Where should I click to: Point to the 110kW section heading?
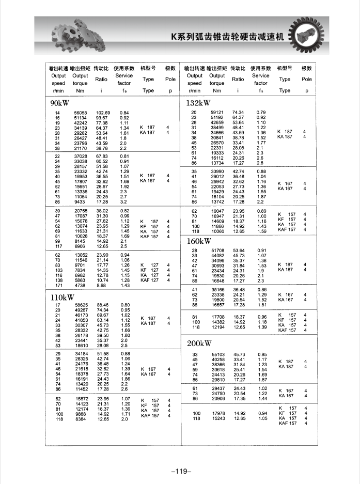(62, 297)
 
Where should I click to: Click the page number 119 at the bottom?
(180, 471)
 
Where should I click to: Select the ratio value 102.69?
(103, 113)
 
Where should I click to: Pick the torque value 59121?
(217, 112)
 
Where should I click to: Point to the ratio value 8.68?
(101, 286)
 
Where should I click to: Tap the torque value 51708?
(219, 251)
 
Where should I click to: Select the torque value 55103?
(219, 354)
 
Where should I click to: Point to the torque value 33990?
(219, 171)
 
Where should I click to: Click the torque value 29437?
(219, 388)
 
